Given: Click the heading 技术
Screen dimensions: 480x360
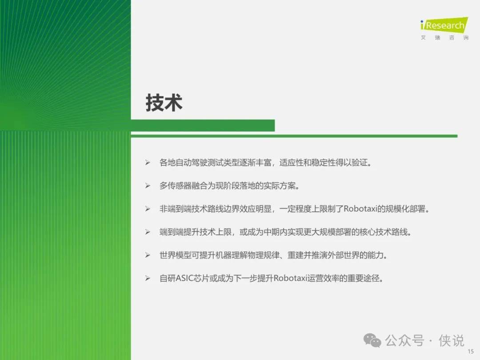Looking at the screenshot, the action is click(x=164, y=103).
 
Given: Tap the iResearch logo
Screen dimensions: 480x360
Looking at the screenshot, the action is click(x=444, y=25).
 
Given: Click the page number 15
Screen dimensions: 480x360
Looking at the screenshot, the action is click(x=471, y=352).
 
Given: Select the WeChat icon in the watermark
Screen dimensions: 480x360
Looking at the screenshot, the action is click(x=372, y=340).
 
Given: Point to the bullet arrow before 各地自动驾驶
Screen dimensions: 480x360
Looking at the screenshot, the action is click(x=148, y=163).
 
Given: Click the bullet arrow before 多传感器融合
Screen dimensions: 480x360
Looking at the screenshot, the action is click(x=148, y=186).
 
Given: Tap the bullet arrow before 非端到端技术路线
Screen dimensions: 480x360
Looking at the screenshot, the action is click(x=148, y=209).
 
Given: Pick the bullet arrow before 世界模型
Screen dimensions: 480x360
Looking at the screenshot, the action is click(x=148, y=255).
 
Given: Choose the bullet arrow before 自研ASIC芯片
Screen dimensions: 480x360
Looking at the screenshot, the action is click(x=148, y=278).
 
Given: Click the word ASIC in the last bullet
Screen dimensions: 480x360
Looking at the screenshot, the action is click(x=184, y=278).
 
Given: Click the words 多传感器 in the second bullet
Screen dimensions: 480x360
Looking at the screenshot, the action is click(x=176, y=186).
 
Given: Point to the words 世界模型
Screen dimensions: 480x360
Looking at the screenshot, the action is click(x=176, y=255).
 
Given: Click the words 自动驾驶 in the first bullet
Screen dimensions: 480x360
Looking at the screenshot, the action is click(x=191, y=163).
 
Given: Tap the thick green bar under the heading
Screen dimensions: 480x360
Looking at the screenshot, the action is click(x=203, y=125).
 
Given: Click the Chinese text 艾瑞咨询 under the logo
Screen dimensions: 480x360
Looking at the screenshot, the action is click(x=444, y=38).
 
